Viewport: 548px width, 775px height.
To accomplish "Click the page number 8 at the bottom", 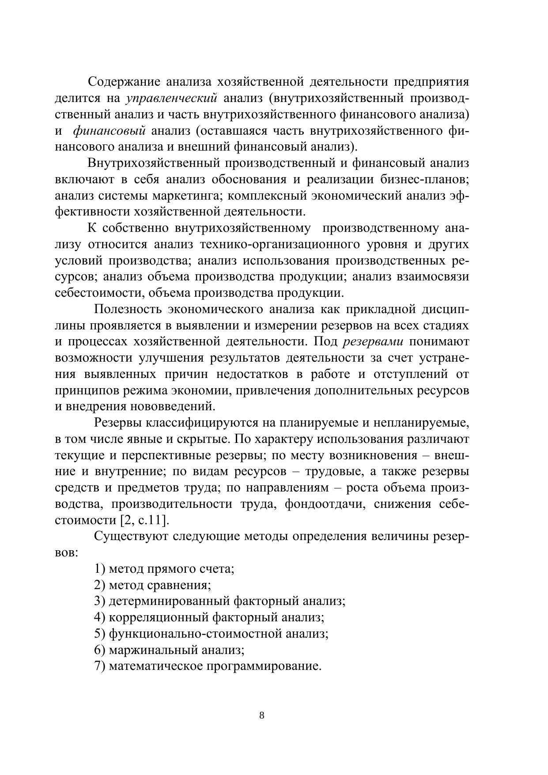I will click(x=262, y=716).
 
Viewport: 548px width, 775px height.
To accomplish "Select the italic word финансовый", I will click(x=109, y=131).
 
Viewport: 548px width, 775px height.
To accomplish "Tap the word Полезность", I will click(x=128, y=309).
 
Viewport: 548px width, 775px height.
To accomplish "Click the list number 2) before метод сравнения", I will click(x=100, y=585).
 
